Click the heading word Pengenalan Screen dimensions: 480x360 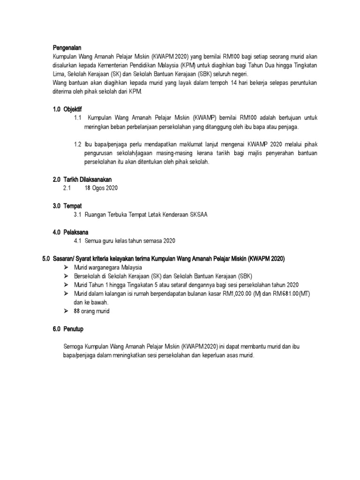[x=67, y=47]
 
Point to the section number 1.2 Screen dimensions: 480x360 [x=78, y=144]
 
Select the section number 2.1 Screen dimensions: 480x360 [x=67, y=188]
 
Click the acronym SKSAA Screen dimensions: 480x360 [x=199, y=215]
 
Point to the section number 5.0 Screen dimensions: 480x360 [x=46, y=259]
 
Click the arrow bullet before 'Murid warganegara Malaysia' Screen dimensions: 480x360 [x=66, y=267]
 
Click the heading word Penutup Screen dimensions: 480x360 [x=74, y=329]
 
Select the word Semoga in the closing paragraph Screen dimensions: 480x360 [x=74, y=347]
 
